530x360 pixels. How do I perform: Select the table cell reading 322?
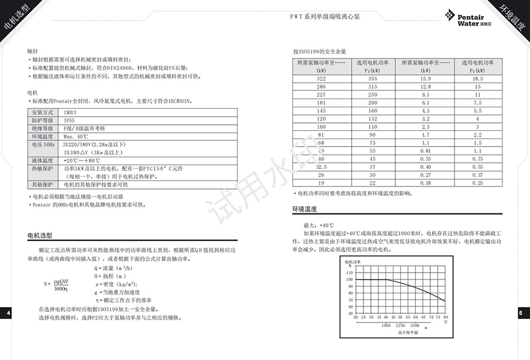point(321,79)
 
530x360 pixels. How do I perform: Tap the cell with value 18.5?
point(478,79)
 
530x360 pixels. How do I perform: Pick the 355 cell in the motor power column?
point(373,79)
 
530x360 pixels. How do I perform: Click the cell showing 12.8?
point(426,87)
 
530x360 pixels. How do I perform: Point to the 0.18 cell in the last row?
point(426,183)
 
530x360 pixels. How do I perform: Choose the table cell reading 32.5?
point(321,167)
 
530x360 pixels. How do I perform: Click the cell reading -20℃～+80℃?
point(84,160)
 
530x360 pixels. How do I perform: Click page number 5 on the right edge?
point(521,313)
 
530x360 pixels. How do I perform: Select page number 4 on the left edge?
point(7,313)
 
